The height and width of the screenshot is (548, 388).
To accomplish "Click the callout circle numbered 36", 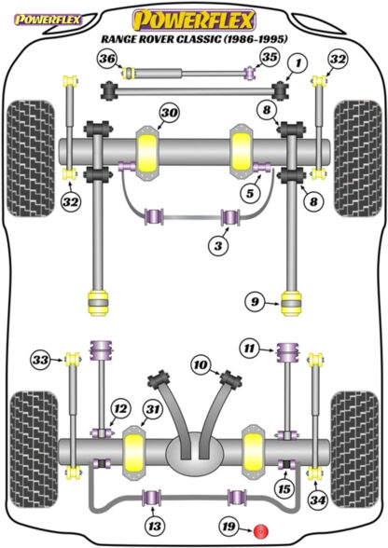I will tap(106, 61).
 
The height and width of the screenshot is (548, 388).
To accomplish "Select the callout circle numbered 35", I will tap(270, 58).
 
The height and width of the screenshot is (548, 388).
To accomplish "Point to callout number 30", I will tap(167, 114).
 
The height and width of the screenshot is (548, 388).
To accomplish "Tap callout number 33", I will tap(40, 359).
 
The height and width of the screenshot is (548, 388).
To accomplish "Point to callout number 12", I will tap(119, 407).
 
